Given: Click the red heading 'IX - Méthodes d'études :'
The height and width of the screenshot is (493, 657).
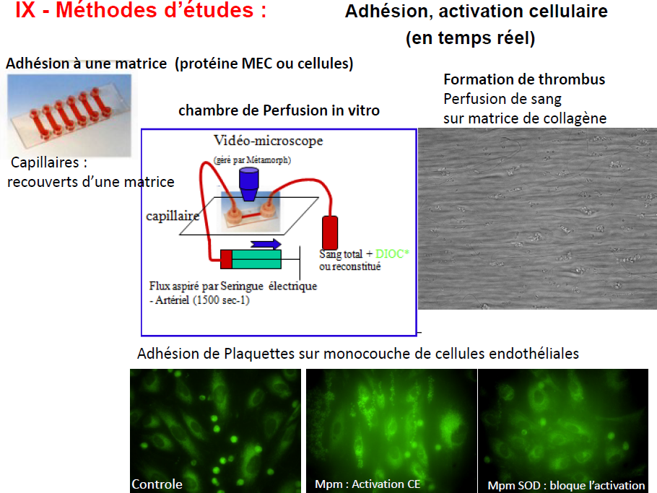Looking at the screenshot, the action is tap(141, 10).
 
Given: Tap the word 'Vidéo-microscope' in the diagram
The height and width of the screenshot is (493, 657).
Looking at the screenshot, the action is tap(268, 140).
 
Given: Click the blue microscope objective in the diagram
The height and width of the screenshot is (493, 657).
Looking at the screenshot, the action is tap(249, 184).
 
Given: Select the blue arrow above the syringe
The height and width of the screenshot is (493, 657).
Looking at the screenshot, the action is tap(266, 244).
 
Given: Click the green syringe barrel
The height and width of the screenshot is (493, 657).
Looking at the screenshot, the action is tap(256, 259).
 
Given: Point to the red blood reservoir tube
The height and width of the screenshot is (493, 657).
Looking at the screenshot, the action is tap(330, 233).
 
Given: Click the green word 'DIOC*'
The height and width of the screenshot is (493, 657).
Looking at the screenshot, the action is tap(392, 253).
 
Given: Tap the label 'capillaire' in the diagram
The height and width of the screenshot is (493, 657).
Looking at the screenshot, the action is tap(173, 216).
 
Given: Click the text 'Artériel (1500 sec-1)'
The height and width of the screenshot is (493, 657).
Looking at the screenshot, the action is tap(202, 300).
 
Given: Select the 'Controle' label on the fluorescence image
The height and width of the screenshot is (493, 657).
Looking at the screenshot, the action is tap(157, 484).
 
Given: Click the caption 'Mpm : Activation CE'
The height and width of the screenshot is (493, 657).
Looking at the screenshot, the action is tap(367, 484).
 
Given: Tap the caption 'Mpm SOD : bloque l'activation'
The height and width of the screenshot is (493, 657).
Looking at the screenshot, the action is tap(566, 486).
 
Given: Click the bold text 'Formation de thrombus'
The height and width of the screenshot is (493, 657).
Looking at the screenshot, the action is tap(524, 79).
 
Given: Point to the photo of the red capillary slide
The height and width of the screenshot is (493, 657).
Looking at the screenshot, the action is tap(69, 115).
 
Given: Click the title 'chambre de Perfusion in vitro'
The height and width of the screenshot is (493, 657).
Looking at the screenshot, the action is tap(279, 110).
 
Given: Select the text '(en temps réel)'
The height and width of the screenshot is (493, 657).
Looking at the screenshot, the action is tap(471, 38).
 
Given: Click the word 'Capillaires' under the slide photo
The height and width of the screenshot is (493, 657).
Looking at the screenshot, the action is tap(45, 162).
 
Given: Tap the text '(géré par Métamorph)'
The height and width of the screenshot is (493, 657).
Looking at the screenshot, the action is tap(252, 160).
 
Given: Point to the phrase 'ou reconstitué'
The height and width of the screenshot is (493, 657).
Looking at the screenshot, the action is tap(350, 266).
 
